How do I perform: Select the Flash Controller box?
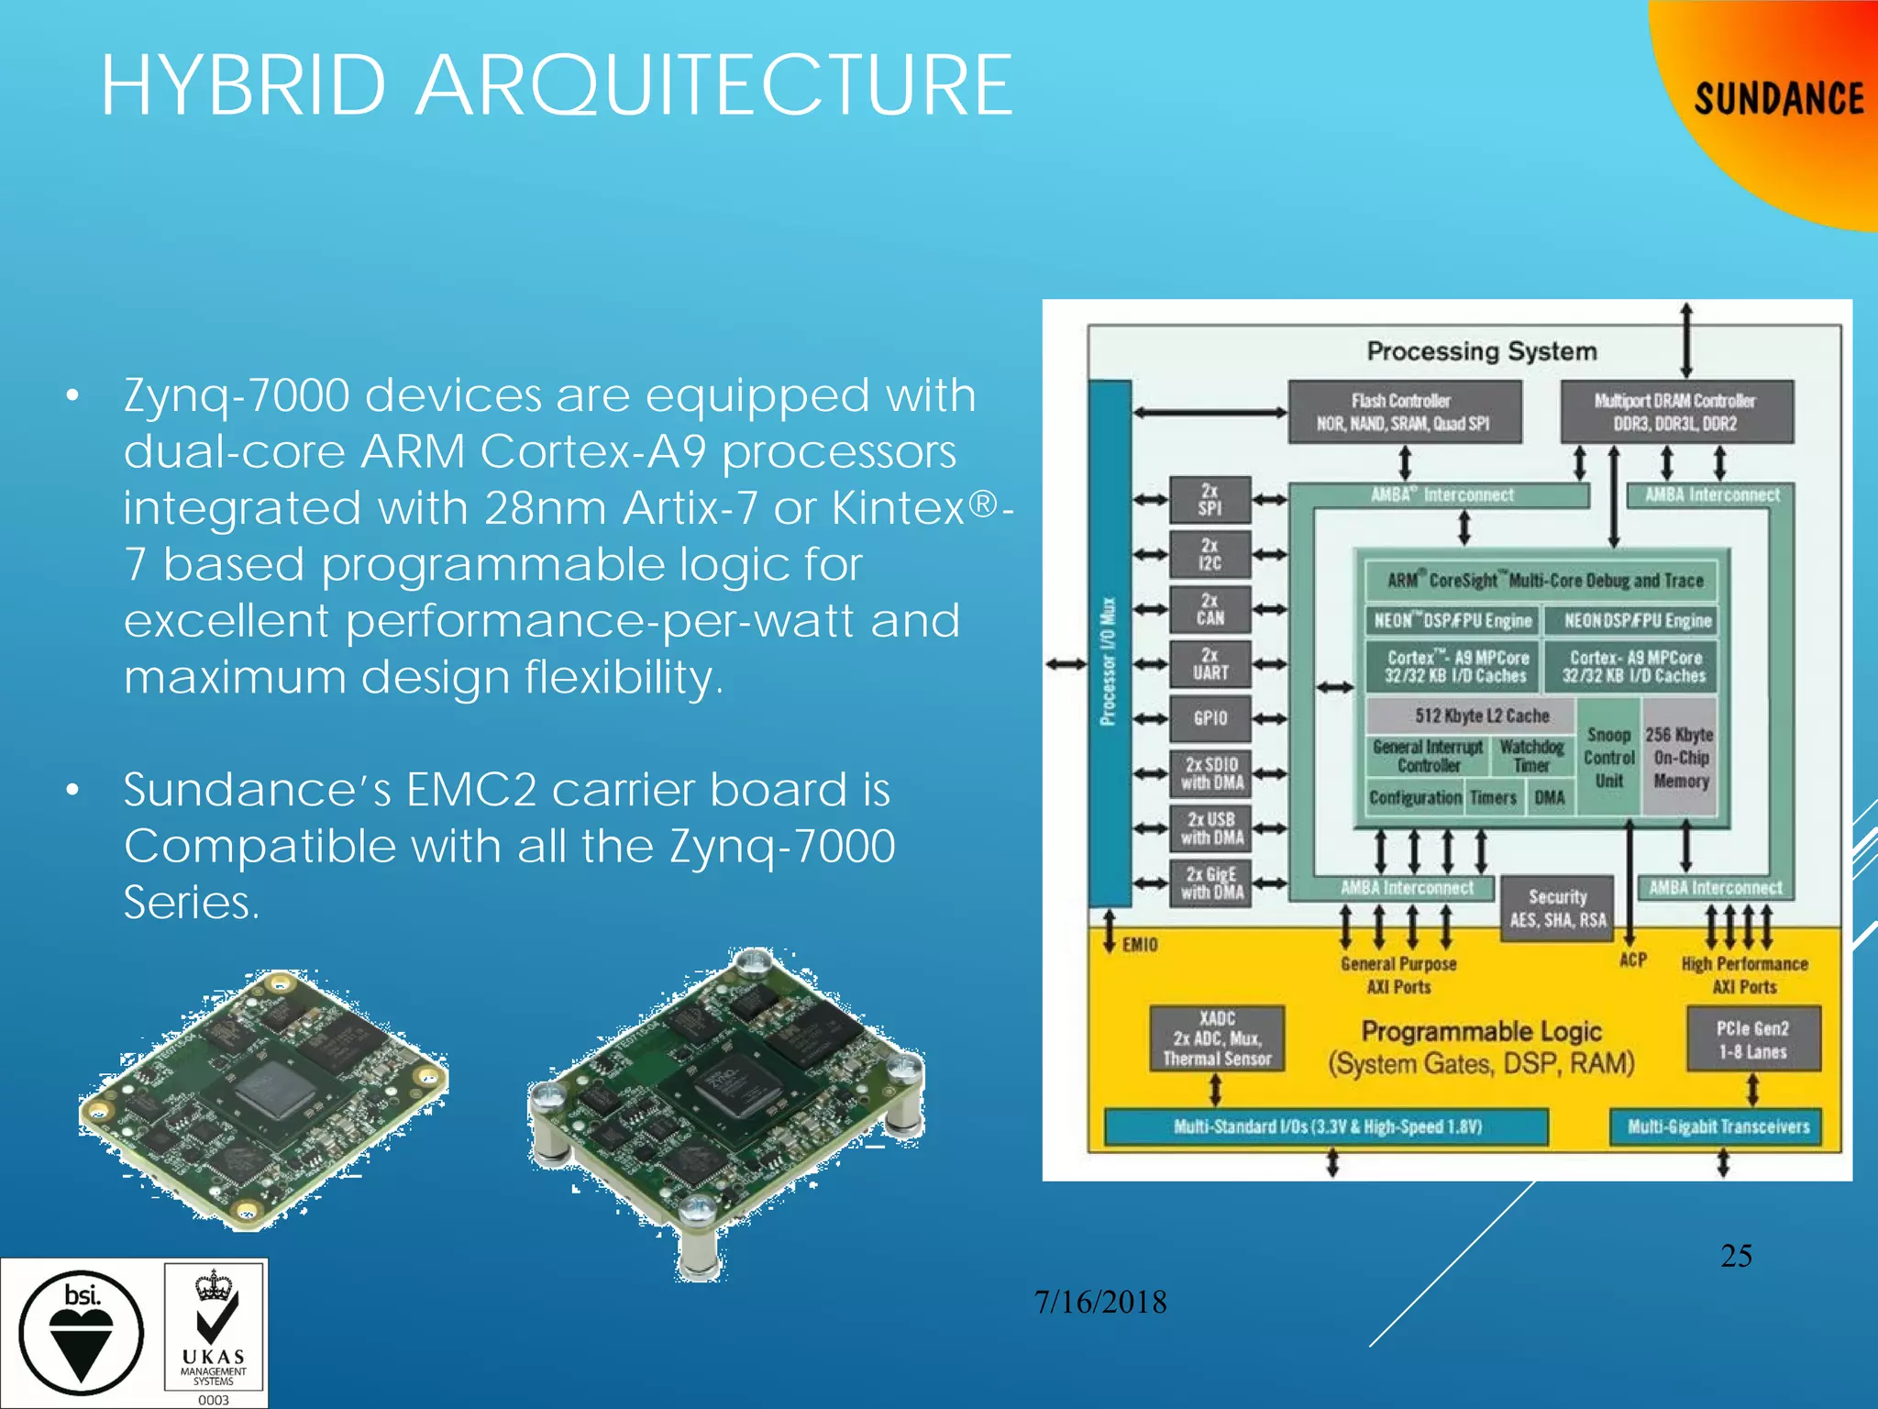click(x=1404, y=412)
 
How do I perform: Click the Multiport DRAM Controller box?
click(x=1675, y=412)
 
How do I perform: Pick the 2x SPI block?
click(x=1210, y=499)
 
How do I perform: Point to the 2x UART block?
click(x=1210, y=663)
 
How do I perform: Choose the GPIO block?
click(x=1210, y=718)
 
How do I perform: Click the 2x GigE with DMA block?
click(x=1210, y=882)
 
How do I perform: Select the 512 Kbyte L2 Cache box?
click(x=1471, y=716)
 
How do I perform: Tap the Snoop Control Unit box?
click(x=1608, y=758)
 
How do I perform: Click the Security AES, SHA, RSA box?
click(x=1557, y=908)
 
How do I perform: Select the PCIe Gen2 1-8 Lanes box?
click(x=1752, y=1039)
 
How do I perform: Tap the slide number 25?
click(x=1736, y=1255)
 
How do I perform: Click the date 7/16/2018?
click(x=1099, y=1302)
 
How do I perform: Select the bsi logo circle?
click(x=82, y=1333)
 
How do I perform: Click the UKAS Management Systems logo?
click(x=215, y=1333)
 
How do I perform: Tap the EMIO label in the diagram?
click(x=1139, y=944)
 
